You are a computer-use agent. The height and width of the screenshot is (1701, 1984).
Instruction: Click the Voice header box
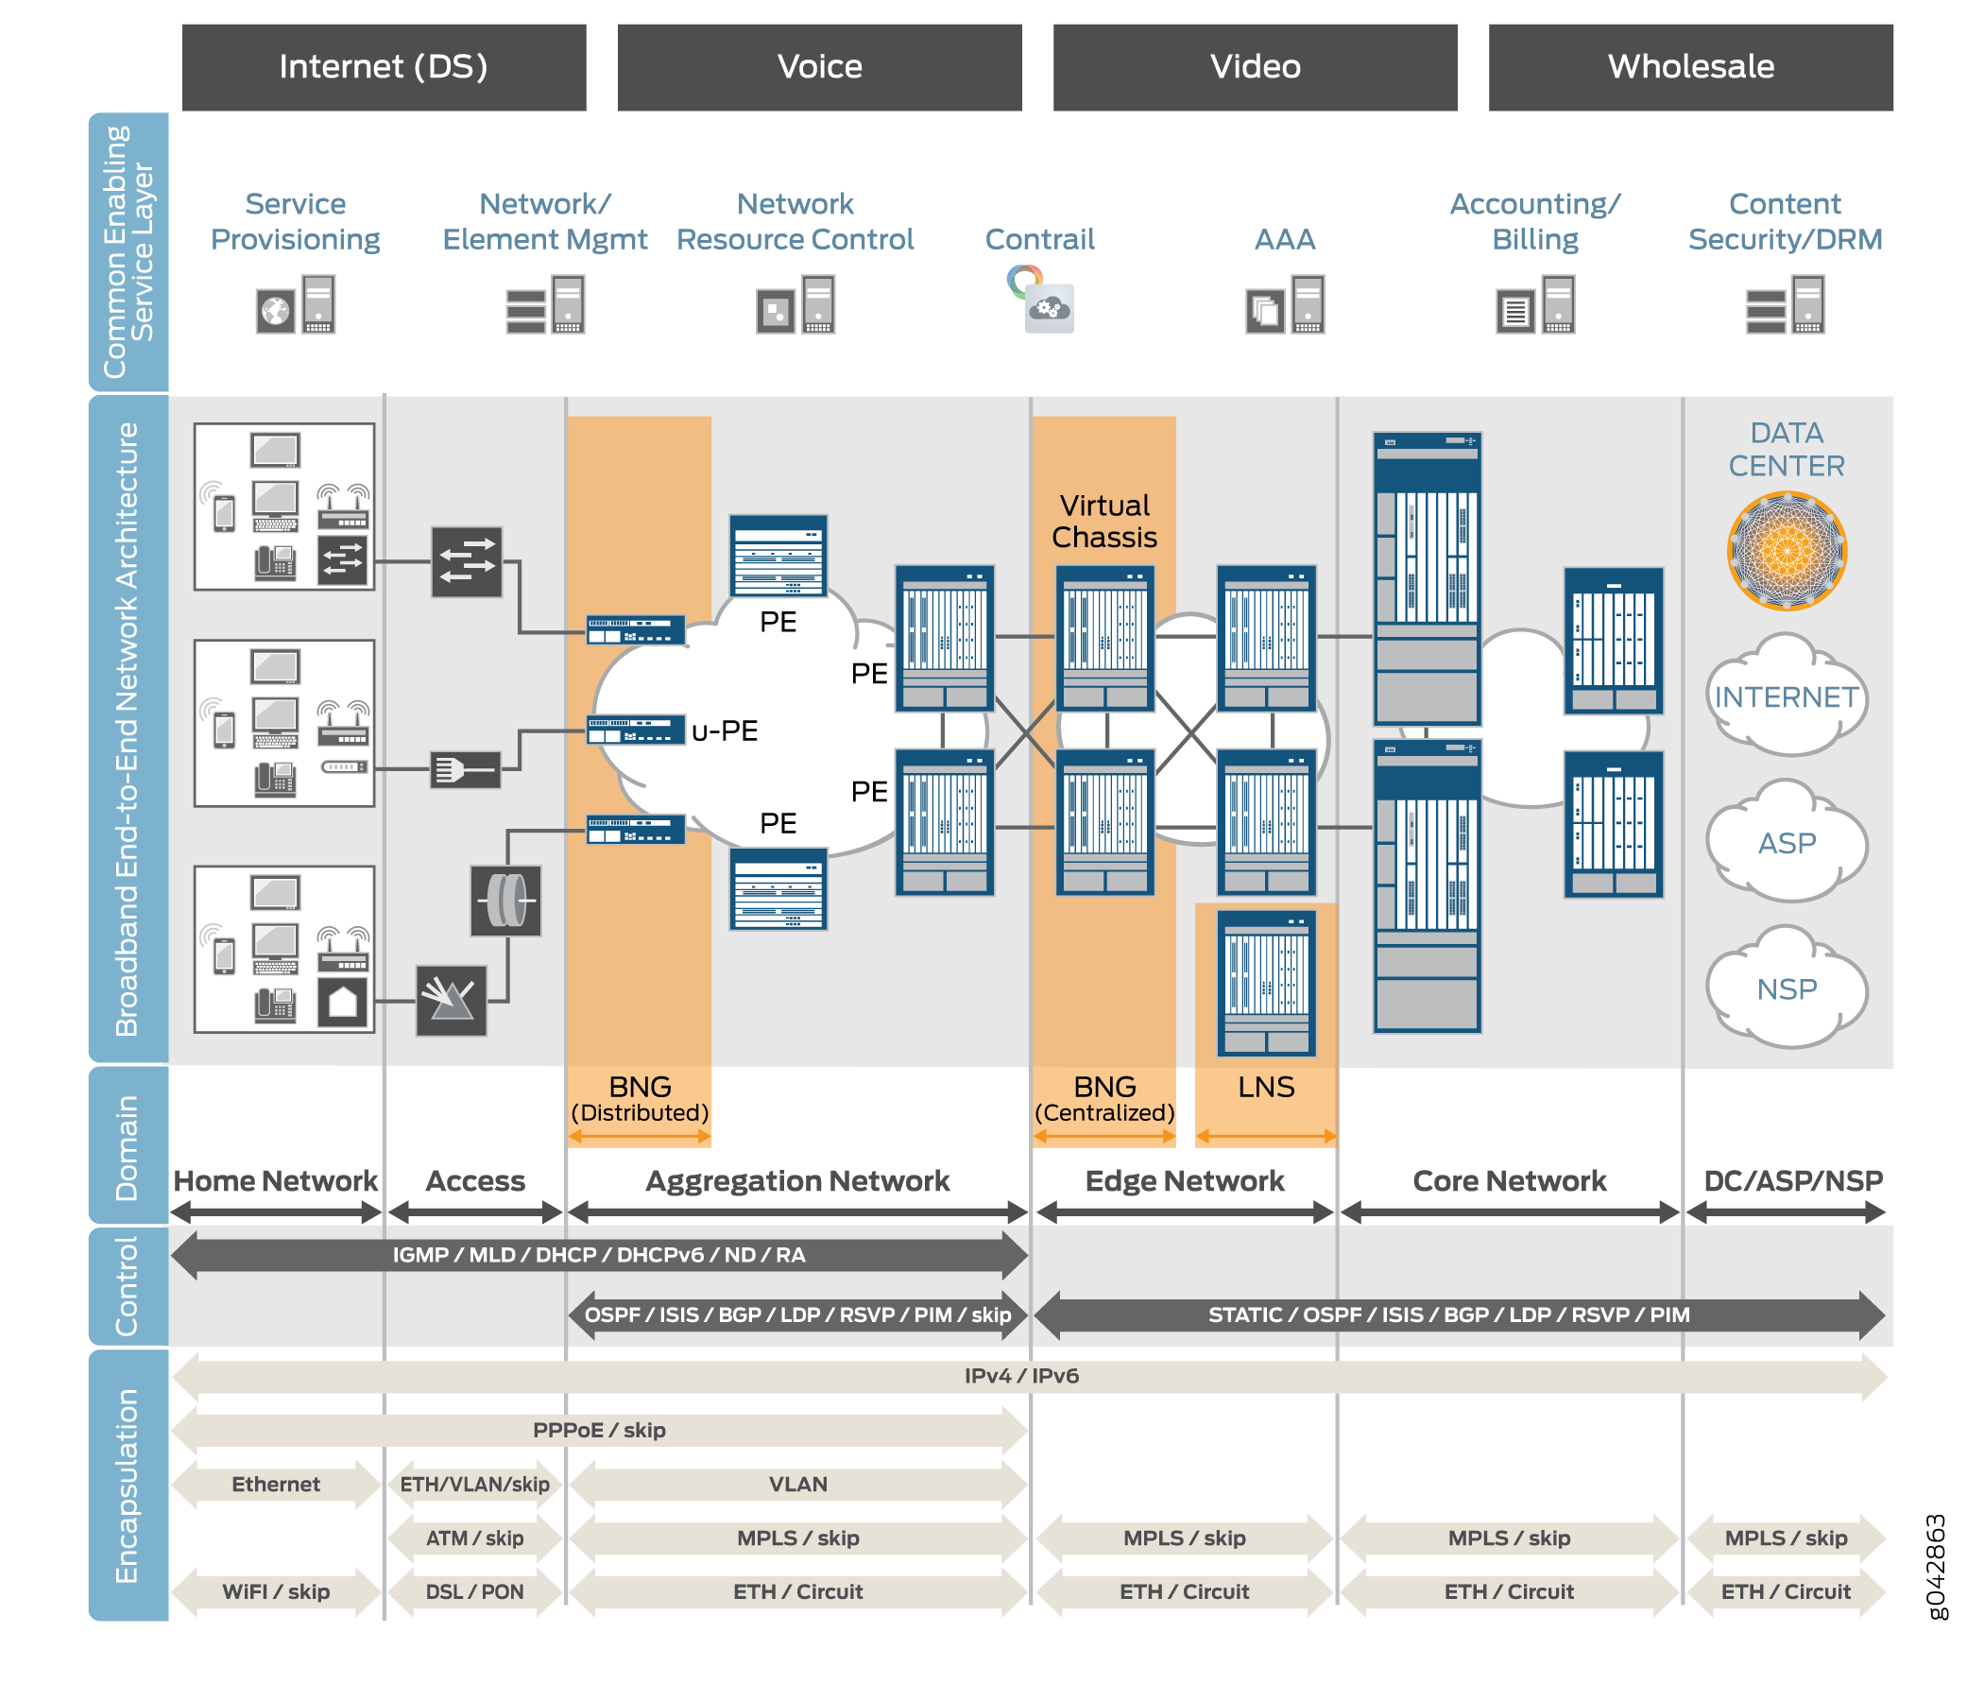(x=819, y=67)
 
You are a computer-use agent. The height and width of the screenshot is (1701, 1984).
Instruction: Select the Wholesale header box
(x=1690, y=67)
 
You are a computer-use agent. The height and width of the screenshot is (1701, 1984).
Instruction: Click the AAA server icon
(x=1285, y=305)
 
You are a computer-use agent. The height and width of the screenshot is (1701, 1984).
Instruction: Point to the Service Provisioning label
(x=295, y=221)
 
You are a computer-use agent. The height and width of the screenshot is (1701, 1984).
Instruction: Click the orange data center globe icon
(x=1786, y=551)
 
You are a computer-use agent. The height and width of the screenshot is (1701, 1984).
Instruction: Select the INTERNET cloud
(x=1786, y=696)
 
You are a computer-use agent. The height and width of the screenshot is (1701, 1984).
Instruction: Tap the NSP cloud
(x=1786, y=988)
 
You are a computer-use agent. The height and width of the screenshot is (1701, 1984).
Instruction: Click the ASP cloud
(x=1786, y=843)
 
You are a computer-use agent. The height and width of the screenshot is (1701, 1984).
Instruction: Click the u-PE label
(x=725, y=731)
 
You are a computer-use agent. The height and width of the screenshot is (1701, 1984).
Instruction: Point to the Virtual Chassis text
(x=1104, y=521)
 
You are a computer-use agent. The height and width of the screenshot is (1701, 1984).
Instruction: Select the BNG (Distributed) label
(x=640, y=1098)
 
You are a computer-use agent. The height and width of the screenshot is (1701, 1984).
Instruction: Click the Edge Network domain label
(x=1185, y=1181)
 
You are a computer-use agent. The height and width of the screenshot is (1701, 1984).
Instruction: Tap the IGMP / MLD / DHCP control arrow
(x=599, y=1255)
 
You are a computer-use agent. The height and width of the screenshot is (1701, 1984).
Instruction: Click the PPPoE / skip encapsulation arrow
(x=599, y=1430)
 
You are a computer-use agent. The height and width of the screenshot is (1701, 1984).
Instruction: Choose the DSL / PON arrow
(x=475, y=1591)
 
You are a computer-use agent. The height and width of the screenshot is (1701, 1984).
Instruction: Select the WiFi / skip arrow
(x=276, y=1591)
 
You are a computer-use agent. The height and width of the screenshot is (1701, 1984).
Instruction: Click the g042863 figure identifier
(x=1936, y=1567)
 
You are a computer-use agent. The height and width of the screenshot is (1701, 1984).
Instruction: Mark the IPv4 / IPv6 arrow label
(x=1021, y=1376)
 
